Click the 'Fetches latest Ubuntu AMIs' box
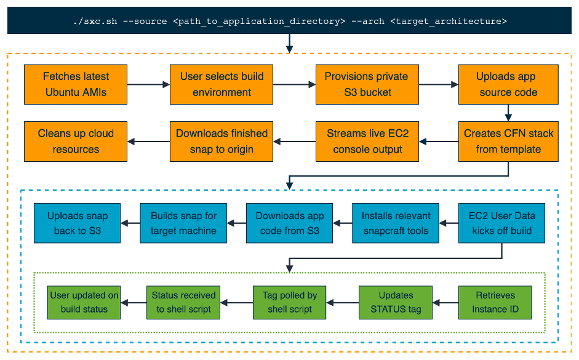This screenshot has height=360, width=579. click(76, 84)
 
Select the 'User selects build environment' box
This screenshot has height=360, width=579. click(222, 84)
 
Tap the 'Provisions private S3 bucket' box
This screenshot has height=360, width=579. click(366, 84)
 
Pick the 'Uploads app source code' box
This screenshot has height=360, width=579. click(508, 84)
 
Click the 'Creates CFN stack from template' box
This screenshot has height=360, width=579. click(508, 141)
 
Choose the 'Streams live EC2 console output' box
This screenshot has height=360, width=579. click(366, 141)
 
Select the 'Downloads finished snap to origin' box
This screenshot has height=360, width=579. click(222, 141)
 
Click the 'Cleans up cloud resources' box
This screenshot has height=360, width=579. click(76, 141)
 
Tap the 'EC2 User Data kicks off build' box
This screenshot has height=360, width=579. click(502, 223)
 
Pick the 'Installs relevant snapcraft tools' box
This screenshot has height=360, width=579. click(396, 223)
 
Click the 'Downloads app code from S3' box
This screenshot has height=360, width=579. click(289, 223)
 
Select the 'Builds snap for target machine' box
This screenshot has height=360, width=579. click(183, 223)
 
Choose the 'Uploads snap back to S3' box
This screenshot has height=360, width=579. click(78, 223)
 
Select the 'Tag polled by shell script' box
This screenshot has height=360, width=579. click(289, 302)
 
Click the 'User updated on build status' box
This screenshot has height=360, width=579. click(84, 302)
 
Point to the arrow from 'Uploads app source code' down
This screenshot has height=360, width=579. click(508, 113)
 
